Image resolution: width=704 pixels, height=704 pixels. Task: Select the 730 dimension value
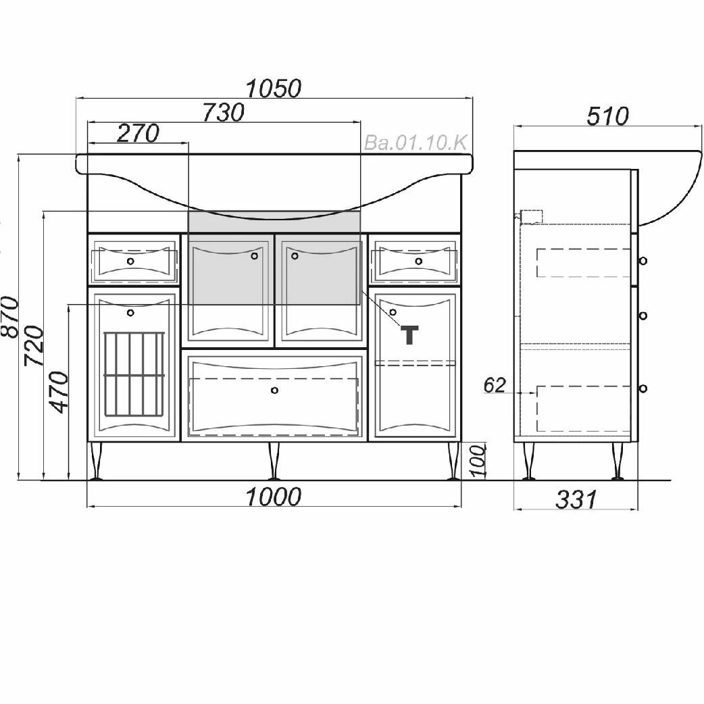click(223, 112)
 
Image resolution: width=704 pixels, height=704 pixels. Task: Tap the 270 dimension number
click(138, 133)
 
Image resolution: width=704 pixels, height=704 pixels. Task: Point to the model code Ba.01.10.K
click(416, 143)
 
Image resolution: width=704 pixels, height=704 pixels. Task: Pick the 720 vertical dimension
click(34, 345)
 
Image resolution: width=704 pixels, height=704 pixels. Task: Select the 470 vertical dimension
click(59, 392)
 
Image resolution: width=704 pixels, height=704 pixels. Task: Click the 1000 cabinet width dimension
click(272, 497)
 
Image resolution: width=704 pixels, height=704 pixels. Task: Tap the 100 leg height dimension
click(478, 461)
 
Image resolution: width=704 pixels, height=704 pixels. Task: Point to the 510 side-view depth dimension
click(607, 116)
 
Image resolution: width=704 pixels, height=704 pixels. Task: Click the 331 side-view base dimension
click(576, 499)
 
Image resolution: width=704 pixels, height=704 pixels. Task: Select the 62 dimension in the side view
click(495, 385)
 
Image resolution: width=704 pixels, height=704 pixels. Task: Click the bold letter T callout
click(410, 334)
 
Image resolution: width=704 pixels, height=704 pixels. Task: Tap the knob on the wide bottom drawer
click(274, 390)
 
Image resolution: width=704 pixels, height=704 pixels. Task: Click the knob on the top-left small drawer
click(131, 261)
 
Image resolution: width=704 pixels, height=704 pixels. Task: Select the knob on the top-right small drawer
click(419, 261)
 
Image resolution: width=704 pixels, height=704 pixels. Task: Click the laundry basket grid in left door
click(134, 375)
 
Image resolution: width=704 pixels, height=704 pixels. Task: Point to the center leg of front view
click(274, 461)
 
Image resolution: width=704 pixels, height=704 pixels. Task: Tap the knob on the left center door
click(255, 256)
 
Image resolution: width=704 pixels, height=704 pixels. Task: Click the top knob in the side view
click(643, 260)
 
